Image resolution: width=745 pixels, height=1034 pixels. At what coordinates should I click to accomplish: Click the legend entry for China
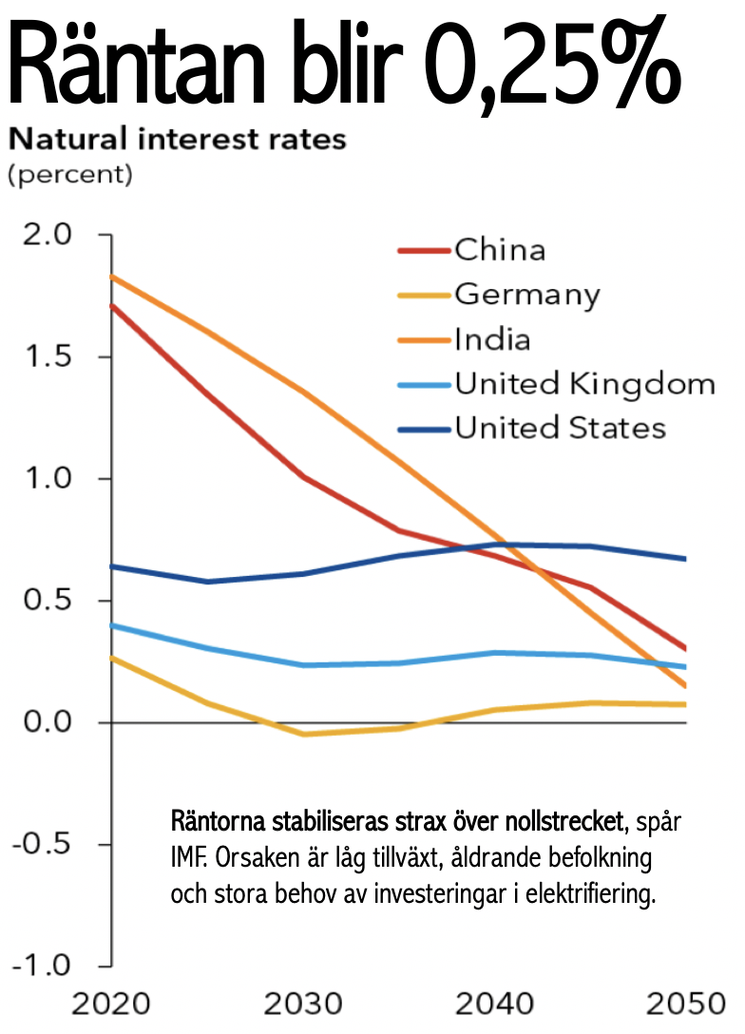pyautogui.click(x=500, y=250)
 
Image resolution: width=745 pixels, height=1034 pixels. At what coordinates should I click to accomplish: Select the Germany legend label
pyautogui.click(x=527, y=295)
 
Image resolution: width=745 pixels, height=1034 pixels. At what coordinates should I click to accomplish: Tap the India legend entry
pyautogui.click(x=492, y=339)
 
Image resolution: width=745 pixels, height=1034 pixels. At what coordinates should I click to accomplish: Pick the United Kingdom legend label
pyautogui.click(x=584, y=384)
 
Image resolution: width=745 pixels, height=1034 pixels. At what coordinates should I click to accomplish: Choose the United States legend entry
pyautogui.click(x=560, y=428)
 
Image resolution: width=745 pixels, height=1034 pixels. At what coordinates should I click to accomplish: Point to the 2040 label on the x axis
pyautogui.click(x=495, y=1005)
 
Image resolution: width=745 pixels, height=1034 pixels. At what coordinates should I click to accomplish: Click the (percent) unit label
pyautogui.click(x=70, y=175)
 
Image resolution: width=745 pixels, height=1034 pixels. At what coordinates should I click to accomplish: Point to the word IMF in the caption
pyautogui.click(x=188, y=860)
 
